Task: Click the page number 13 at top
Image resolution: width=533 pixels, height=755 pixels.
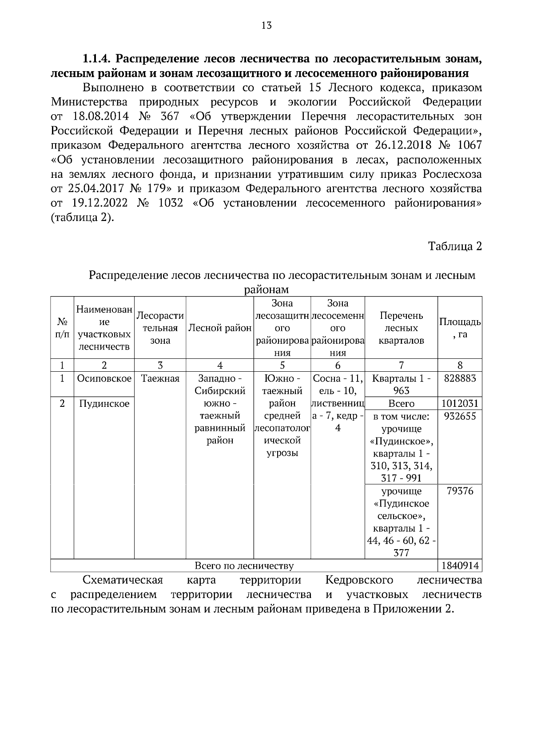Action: click(x=266, y=25)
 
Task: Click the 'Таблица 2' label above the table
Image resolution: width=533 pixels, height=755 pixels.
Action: click(x=454, y=246)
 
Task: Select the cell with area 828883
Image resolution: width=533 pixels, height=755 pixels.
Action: click(x=460, y=378)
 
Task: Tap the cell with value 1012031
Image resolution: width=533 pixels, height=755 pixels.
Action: click(x=460, y=403)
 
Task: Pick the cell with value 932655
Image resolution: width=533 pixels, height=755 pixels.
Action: click(x=460, y=416)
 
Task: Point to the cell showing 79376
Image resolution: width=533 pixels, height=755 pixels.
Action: click(x=460, y=491)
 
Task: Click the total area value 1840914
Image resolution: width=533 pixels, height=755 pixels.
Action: click(x=460, y=566)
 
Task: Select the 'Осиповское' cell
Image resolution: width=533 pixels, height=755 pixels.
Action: click(x=104, y=378)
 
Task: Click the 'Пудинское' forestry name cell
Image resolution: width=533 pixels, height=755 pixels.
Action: click(x=104, y=403)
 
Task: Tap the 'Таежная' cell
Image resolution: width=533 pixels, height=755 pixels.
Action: click(x=160, y=378)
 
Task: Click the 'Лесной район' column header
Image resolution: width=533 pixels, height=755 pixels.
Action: click(x=220, y=328)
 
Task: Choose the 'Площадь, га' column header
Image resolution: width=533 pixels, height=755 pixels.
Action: click(x=460, y=328)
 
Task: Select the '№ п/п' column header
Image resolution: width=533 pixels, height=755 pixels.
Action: click(x=62, y=328)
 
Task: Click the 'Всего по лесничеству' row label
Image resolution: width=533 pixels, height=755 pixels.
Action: click(x=244, y=566)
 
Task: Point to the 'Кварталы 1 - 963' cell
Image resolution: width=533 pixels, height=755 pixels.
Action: click(x=401, y=385)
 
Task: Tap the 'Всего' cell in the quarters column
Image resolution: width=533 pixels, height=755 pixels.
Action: click(x=401, y=403)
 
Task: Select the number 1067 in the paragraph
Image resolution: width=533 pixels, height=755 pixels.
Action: click(x=469, y=145)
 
